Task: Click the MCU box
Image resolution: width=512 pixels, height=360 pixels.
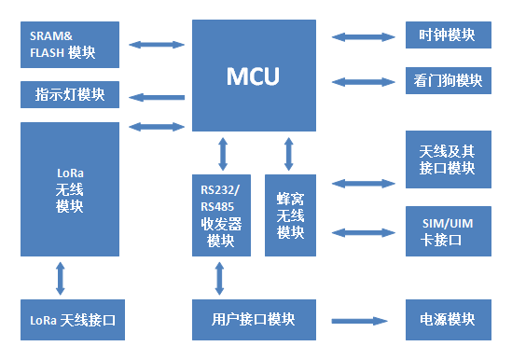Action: tap(253, 75)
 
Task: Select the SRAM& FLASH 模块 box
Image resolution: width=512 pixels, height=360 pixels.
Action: tap(70, 43)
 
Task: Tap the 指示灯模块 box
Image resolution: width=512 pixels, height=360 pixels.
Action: tap(70, 94)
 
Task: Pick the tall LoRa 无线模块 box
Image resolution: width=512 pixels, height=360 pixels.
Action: tap(70, 189)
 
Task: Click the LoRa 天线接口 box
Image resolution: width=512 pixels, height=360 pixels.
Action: tap(70, 320)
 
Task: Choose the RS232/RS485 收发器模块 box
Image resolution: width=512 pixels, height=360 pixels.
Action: tap(221, 214)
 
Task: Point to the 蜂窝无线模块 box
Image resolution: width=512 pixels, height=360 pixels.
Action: tap(290, 214)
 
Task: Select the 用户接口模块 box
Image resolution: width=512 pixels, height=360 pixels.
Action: tap(253, 320)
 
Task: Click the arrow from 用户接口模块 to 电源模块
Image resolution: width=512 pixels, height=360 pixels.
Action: tap(359, 320)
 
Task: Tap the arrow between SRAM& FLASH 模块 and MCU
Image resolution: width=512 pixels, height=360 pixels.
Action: tap(156, 43)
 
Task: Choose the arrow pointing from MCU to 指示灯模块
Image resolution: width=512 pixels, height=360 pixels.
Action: tap(156, 95)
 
